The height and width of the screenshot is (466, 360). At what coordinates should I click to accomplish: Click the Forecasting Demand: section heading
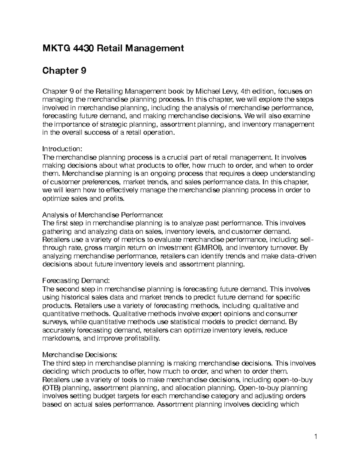click(76, 281)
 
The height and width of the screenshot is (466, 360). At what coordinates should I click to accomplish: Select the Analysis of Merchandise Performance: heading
click(103, 215)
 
